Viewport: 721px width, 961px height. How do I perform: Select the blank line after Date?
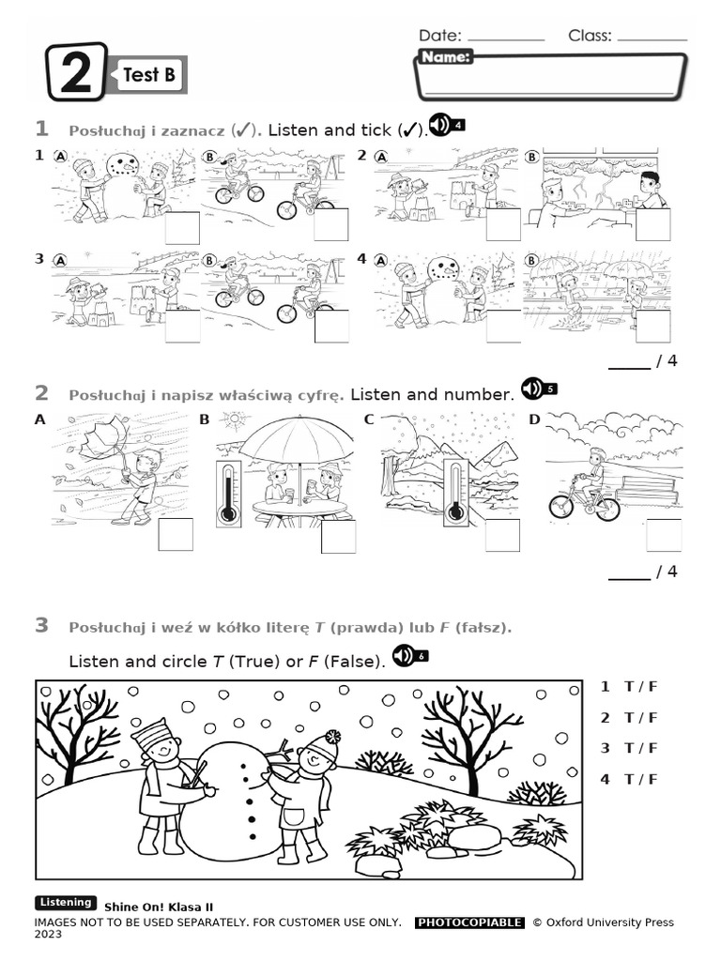(505, 38)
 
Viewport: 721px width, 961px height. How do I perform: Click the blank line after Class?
(652, 38)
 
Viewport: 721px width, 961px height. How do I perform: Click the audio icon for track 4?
(446, 125)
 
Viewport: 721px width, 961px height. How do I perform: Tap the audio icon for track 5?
(539, 388)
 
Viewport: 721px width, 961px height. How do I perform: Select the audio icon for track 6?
(410, 655)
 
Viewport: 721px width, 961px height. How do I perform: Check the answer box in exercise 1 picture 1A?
(182, 227)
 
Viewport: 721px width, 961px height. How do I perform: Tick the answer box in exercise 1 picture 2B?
(652, 225)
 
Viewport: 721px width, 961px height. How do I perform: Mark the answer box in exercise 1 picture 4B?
(652, 325)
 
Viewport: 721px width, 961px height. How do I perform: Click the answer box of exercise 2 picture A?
(176, 534)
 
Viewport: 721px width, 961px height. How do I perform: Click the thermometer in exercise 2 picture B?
(227, 493)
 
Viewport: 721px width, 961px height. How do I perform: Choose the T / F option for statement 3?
(642, 748)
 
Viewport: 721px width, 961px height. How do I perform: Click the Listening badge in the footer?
(66, 903)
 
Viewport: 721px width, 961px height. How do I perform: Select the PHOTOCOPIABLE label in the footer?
(468, 923)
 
